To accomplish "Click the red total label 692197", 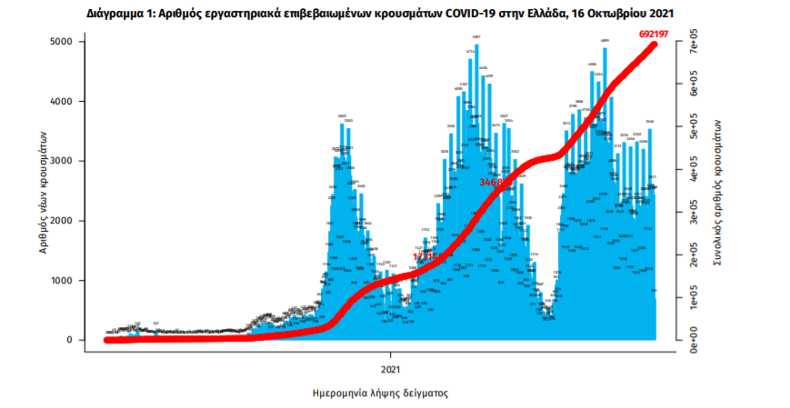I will tap(660, 35).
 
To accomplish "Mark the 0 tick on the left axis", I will tap(68, 340).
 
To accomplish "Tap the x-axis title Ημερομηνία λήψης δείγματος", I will tap(381, 393).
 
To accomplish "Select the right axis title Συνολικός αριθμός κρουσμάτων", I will tap(719, 191).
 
